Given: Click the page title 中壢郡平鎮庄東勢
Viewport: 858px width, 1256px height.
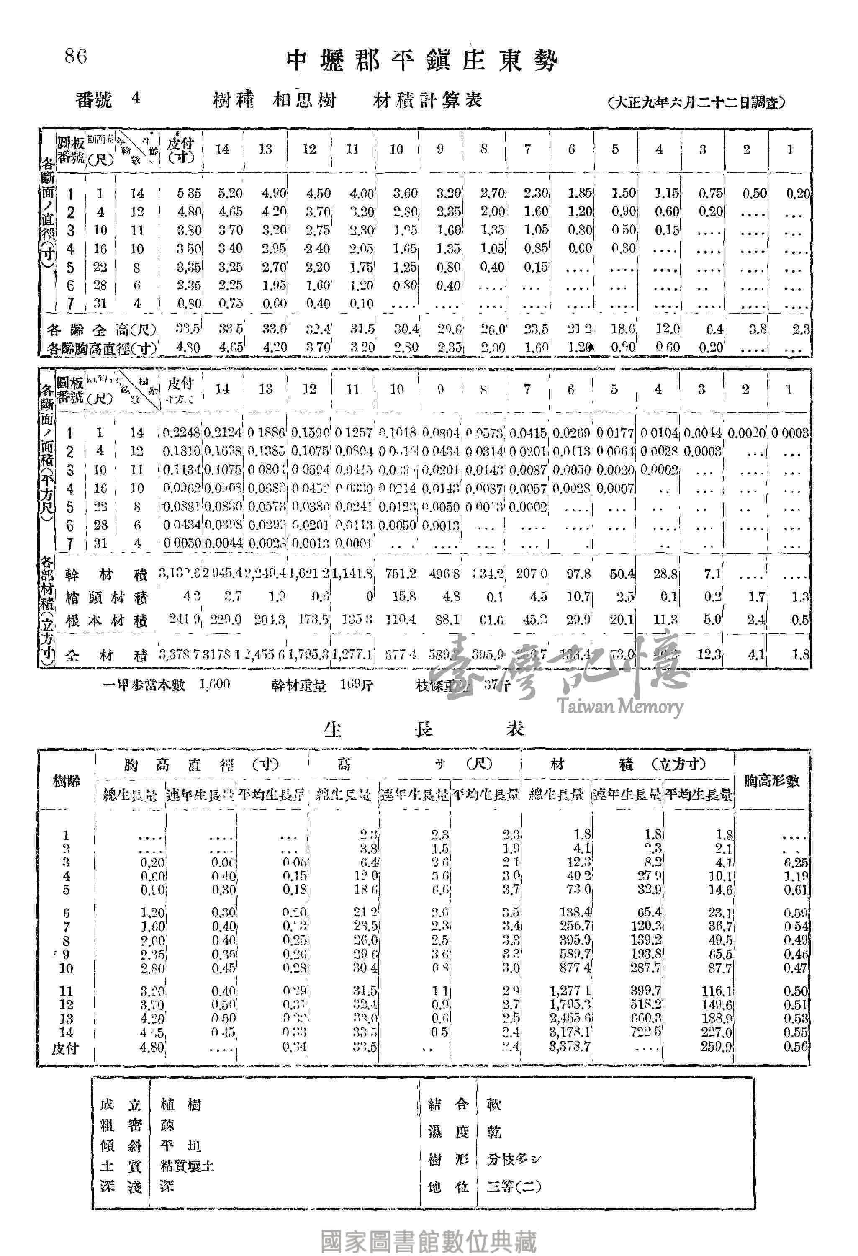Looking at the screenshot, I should click(421, 61).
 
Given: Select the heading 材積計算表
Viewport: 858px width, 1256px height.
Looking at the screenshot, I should click(427, 100).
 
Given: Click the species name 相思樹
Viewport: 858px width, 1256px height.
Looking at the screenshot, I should click(305, 100).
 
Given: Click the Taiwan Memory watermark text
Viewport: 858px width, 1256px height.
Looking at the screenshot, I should click(620, 706).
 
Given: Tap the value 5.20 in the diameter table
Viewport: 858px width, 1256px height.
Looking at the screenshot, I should click(230, 193).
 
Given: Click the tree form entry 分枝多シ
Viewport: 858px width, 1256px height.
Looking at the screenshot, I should click(513, 1159).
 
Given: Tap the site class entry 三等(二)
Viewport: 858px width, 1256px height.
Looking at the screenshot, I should click(513, 1187).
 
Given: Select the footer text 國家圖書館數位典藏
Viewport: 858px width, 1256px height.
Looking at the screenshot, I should click(429, 1241).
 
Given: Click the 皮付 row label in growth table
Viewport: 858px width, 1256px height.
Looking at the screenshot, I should click(65, 1048).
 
